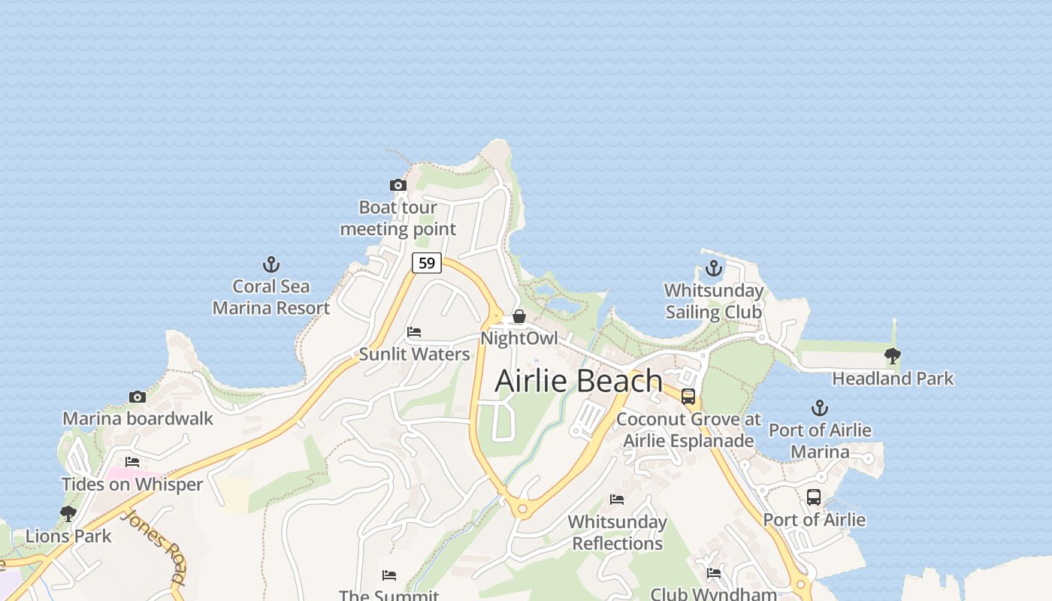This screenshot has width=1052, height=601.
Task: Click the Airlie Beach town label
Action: (579, 381)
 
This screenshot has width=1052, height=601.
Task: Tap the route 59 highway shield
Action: (426, 263)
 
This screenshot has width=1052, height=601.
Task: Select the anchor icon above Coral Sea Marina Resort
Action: (271, 264)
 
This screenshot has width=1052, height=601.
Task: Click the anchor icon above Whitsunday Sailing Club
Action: (713, 268)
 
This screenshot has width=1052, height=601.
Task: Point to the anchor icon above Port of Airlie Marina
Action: (819, 408)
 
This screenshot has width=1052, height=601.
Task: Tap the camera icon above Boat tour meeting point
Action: (398, 185)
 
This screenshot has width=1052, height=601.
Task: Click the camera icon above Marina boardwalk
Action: (137, 397)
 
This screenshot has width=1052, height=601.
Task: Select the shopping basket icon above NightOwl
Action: (518, 316)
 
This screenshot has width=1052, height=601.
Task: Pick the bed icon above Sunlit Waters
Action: (413, 332)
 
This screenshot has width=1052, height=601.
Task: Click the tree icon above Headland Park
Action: (892, 356)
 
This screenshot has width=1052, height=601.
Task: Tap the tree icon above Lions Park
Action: (68, 514)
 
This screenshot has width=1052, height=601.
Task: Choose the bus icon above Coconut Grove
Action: (688, 397)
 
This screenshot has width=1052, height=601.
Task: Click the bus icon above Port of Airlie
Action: (813, 497)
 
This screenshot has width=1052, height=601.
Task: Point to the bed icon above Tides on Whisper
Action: (132, 462)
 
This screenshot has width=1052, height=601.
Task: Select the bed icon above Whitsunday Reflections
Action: (617, 500)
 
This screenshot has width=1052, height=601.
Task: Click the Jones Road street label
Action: (154, 548)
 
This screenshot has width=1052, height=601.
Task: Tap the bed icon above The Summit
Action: (388, 575)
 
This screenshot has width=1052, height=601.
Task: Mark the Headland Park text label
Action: (893, 379)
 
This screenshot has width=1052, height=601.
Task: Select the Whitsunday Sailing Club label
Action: (713, 301)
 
